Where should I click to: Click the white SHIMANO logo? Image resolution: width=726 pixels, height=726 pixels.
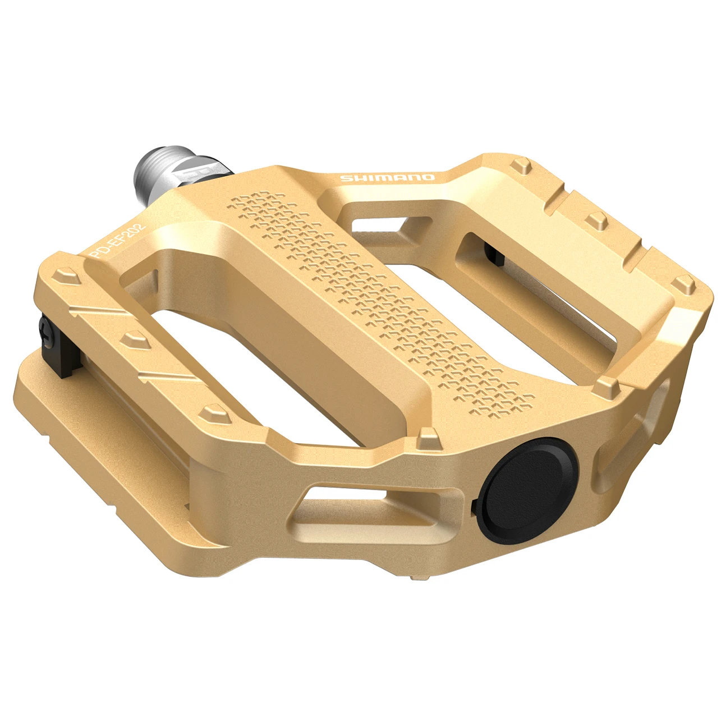click(388, 178)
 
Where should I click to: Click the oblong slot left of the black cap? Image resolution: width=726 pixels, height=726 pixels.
click(370, 508)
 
